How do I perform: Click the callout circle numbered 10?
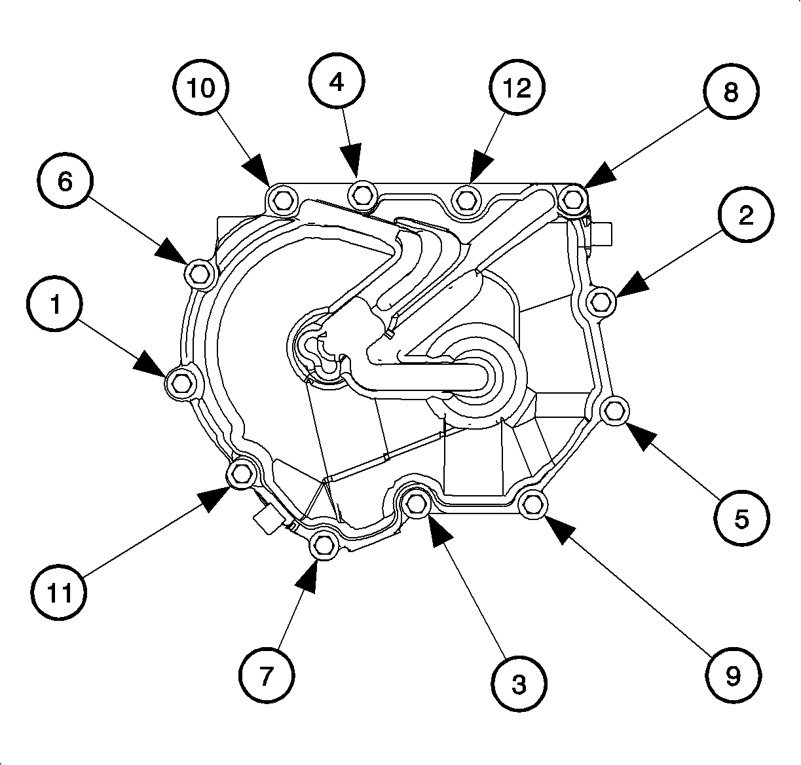click(x=201, y=89)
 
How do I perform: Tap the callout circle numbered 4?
click(x=336, y=83)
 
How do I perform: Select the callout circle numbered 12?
click(x=517, y=88)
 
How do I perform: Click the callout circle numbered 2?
click(x=745, y=216)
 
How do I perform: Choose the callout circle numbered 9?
click(x=733, y=674)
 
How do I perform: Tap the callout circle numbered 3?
click(x=518, y=684)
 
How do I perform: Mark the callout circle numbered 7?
click(x=265, y=675)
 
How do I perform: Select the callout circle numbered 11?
click(x=60, y=593)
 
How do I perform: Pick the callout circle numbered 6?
click(x=65, y=181)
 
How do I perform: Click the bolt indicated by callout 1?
click(x=179, y=381)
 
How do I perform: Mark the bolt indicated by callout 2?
click(x=601, y=303)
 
